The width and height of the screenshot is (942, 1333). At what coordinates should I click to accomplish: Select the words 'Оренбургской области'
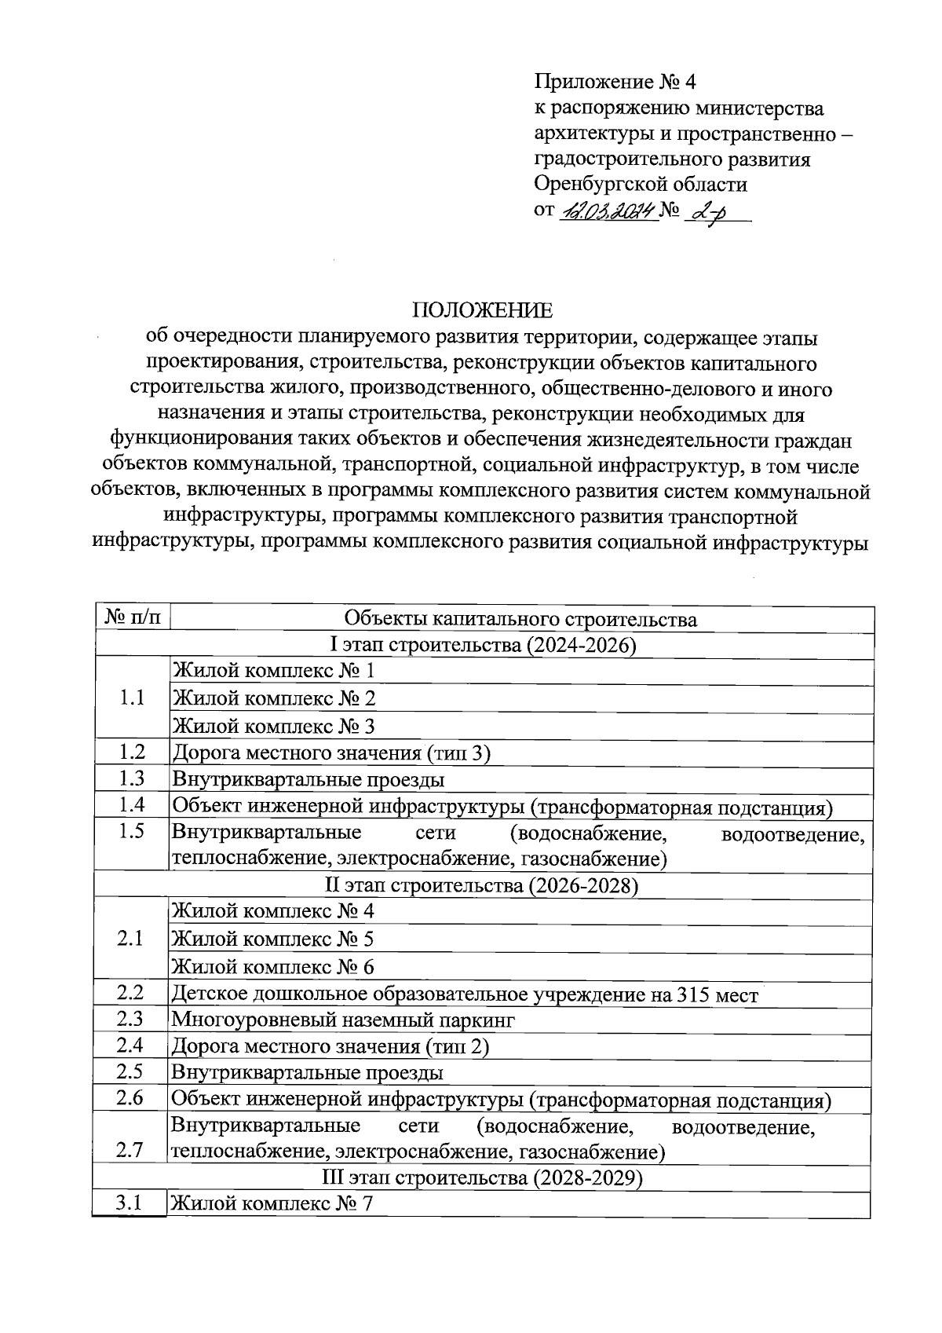pyautogui.click(x=641, y=185)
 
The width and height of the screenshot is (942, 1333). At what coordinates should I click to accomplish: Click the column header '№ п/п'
pyautogui.click(x=131, y=619)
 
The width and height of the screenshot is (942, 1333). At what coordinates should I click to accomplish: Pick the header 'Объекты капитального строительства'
pyautogui.click(x=520, y=620)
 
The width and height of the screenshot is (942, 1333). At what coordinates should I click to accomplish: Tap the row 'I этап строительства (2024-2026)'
pyautogui.click(x=482, y=646)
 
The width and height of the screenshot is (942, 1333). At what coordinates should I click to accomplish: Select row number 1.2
pyautogui.click(x=131, y=753)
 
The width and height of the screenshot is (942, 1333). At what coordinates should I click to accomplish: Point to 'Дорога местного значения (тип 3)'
pyautogui.click(x=331, y=753)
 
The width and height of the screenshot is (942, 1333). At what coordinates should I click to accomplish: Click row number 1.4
pyautogui.click(x=131, y=805)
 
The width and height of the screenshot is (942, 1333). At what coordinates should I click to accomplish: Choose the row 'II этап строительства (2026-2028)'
pyautogui.click(x=481, y=886)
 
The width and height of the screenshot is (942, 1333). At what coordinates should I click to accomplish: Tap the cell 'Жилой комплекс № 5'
pyautogui.click(x=272, y=939)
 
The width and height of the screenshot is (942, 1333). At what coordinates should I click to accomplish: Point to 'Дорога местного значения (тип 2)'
pyautogui.click(x=330, y=1046)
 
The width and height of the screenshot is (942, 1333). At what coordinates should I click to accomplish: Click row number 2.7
pyautogui.click(x=130, y=1150)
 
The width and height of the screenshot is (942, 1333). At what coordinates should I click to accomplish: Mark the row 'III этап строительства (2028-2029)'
pyautogui.click(x=481, y=1179)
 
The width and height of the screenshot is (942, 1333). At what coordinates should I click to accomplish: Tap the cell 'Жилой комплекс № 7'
pyautogui.click(x=272, y=1203)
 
